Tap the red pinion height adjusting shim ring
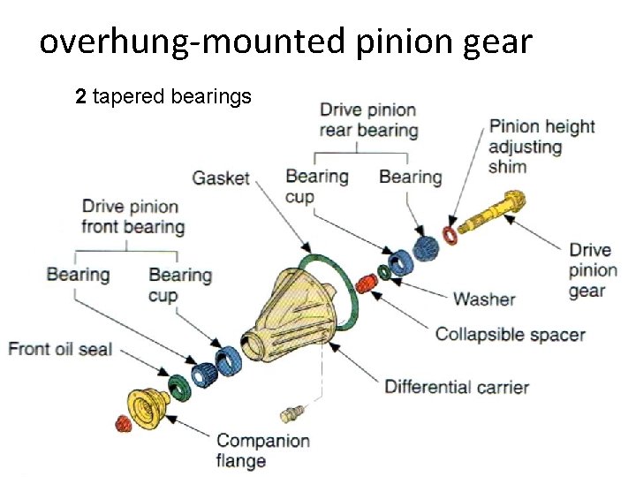450,235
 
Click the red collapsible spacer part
365,284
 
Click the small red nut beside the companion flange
123,425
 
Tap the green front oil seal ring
178,386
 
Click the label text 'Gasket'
221,178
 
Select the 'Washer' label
483,299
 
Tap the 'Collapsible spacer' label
510,335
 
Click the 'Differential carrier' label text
456,387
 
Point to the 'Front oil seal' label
60,349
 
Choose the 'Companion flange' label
262,450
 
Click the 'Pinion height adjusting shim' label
541,146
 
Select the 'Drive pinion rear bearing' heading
367,120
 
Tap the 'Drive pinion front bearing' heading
132,216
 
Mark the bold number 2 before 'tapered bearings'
80,96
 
